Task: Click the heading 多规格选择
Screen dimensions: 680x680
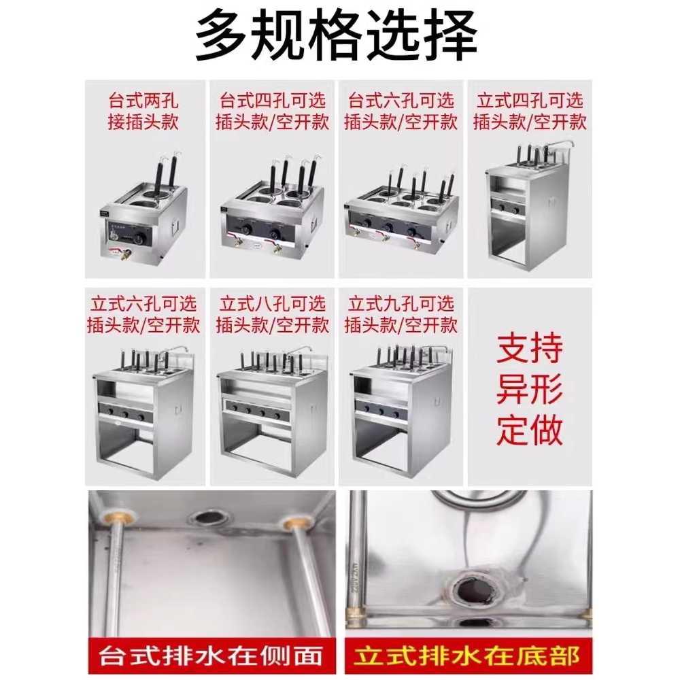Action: [x=337, y=37]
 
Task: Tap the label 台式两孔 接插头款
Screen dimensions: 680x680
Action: [x=143, y=111]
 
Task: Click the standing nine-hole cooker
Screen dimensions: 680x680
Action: [x=401, y=411]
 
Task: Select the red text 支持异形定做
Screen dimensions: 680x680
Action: [x=530, y=389]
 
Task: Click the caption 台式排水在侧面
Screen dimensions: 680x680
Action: [x=211, y=655]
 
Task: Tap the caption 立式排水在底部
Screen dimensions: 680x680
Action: [x=466, y=655]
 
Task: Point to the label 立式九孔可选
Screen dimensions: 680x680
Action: [x=401, y=304]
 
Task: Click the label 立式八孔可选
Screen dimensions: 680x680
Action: [x=273, y=304]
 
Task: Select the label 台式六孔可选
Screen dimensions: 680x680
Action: [x=401, y=101]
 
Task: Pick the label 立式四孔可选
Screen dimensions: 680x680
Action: [x=530, y=101]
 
